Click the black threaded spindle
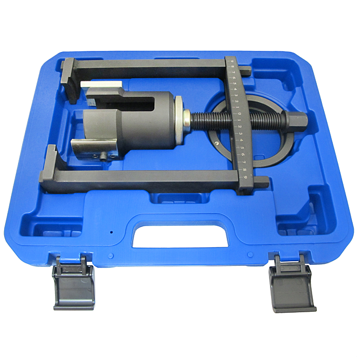tap(216, 121)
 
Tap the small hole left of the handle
tap(111, 232)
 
